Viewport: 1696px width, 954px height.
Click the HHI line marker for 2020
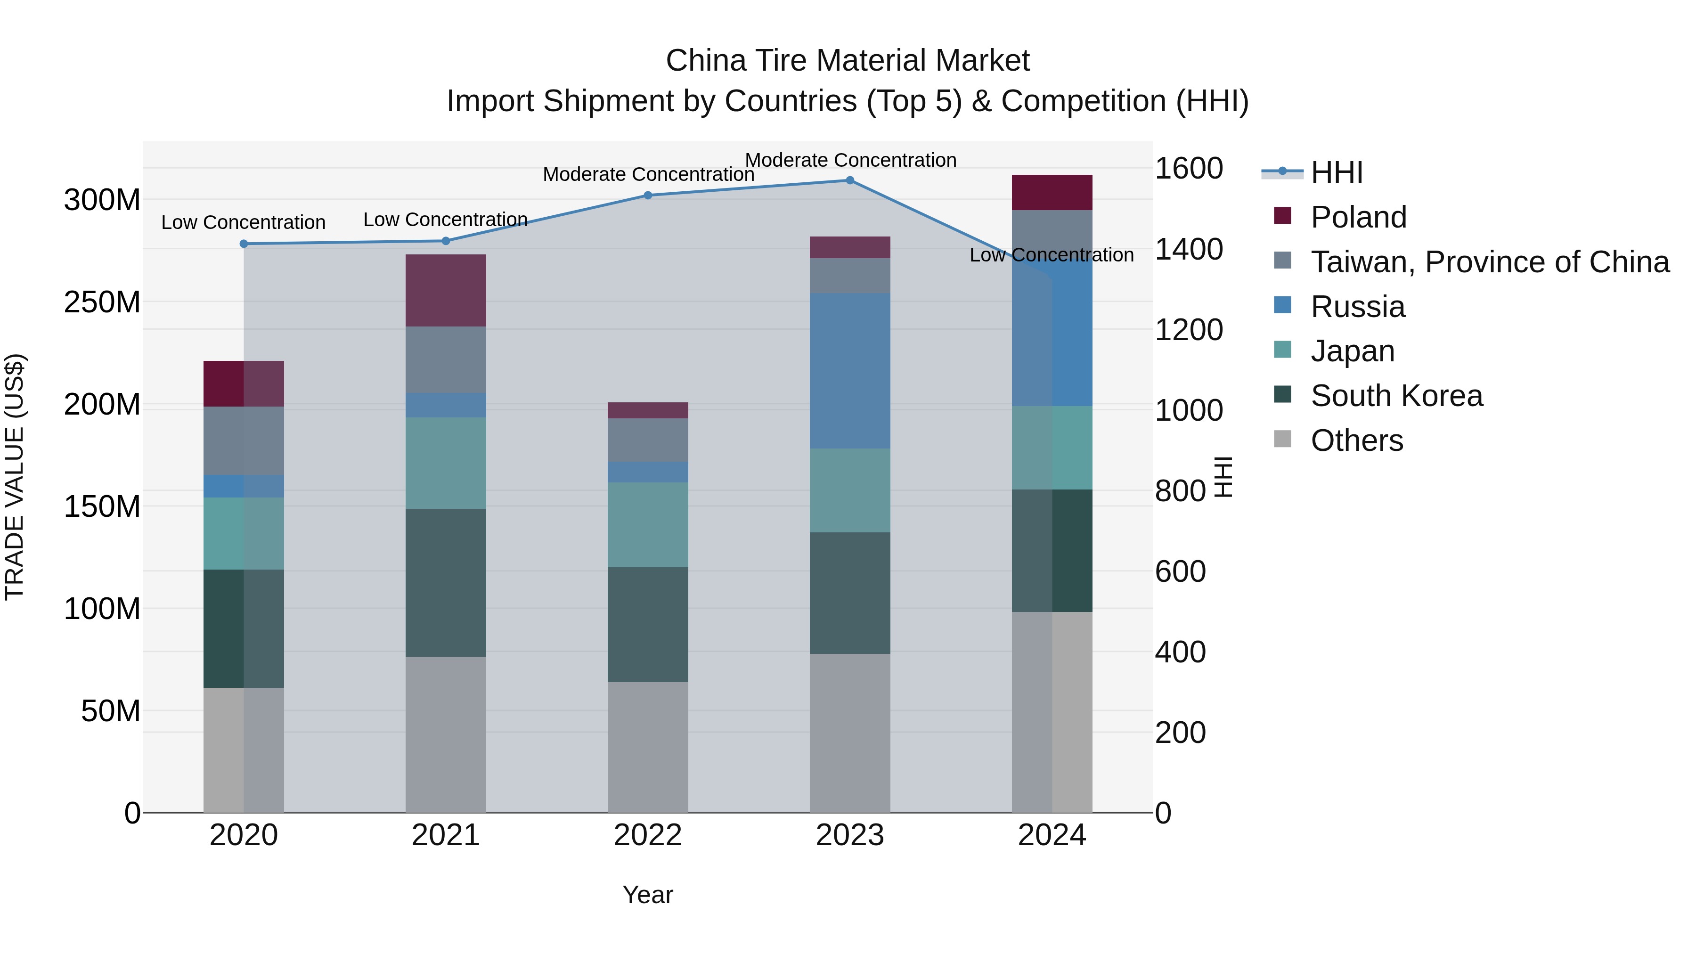244,244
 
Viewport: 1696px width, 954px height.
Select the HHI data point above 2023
849,180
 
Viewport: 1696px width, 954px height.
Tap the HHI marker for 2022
648,196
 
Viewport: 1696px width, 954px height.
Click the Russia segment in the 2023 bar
849,371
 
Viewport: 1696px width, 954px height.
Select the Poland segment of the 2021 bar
446,290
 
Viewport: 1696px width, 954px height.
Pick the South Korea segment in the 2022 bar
648,624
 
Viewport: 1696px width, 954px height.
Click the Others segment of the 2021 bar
446,734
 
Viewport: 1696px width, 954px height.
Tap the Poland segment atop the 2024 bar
1052,192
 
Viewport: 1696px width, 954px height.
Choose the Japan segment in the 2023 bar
849,490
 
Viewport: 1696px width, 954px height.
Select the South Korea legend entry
1396,396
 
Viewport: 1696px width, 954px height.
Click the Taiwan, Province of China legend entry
1489,262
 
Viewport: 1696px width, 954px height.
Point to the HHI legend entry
1336,172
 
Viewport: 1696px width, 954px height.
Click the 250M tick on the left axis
102,302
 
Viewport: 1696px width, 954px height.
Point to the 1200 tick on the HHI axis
1189,330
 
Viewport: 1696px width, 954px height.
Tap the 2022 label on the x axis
648,835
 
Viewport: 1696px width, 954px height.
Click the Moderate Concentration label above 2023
850,160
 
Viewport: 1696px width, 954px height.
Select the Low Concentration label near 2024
1052,255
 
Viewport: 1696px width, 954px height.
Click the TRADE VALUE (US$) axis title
15,477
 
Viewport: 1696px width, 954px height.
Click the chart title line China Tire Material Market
848,61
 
